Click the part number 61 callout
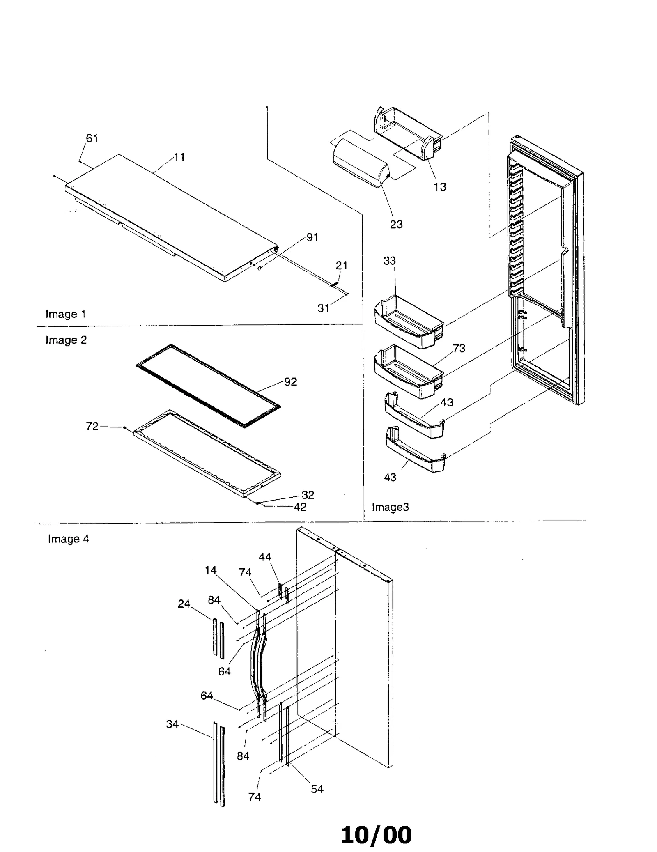92,138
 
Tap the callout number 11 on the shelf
179,157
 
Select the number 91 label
312,237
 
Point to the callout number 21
341,265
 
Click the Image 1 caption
66,314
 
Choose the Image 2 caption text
66,340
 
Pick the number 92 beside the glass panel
290,382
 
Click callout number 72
92,427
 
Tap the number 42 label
300,507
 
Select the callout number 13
440,187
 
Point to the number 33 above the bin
389,261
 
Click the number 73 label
459,348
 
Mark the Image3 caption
390,507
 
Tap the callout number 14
211,570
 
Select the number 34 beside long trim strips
172,724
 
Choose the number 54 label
317,789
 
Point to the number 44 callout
265,557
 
